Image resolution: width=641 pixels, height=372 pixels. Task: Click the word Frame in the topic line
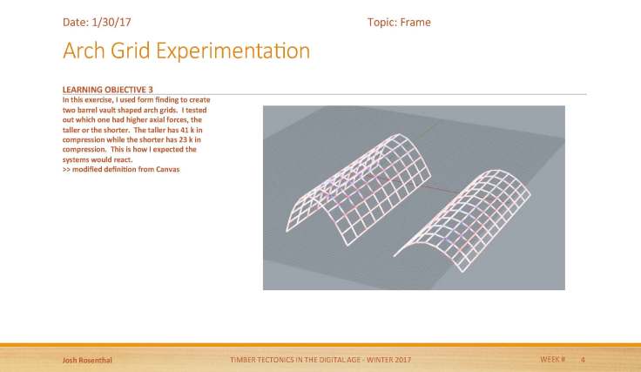click(415, 22)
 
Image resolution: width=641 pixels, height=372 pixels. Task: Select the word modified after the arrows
click(91, 168)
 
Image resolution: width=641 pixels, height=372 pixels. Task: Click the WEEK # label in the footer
click(552, 360)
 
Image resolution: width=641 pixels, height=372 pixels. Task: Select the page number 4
click(583, 360)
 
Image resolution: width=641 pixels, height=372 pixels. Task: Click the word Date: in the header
click(75, 22)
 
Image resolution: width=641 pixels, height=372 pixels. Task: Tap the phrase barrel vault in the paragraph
click(102, 109)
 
